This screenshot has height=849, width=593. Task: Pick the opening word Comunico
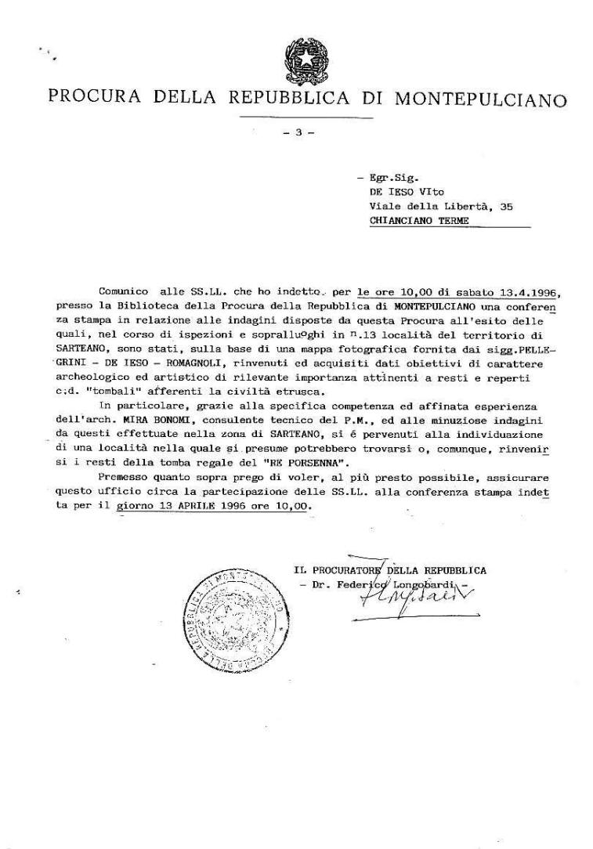coord(125,291)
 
